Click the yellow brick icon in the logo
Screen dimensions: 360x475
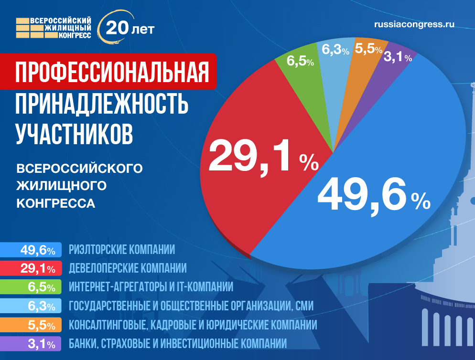click(x=22, y=29)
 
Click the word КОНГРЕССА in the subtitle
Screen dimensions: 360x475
click(x=56, y=203)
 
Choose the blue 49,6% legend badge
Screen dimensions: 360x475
click(x=32, y=249)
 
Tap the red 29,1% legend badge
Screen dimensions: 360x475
click(x=32, y=268)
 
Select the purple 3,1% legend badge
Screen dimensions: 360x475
click(x=32, y=343)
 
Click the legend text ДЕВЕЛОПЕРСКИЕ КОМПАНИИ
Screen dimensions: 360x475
click(x=128, y=268)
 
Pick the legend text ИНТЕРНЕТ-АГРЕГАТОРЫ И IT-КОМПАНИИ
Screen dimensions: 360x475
click(x=151, y=287)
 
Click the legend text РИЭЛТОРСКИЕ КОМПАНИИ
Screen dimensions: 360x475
click(x=122, y=249)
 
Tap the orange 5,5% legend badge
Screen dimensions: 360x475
click(x=32, y=325)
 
